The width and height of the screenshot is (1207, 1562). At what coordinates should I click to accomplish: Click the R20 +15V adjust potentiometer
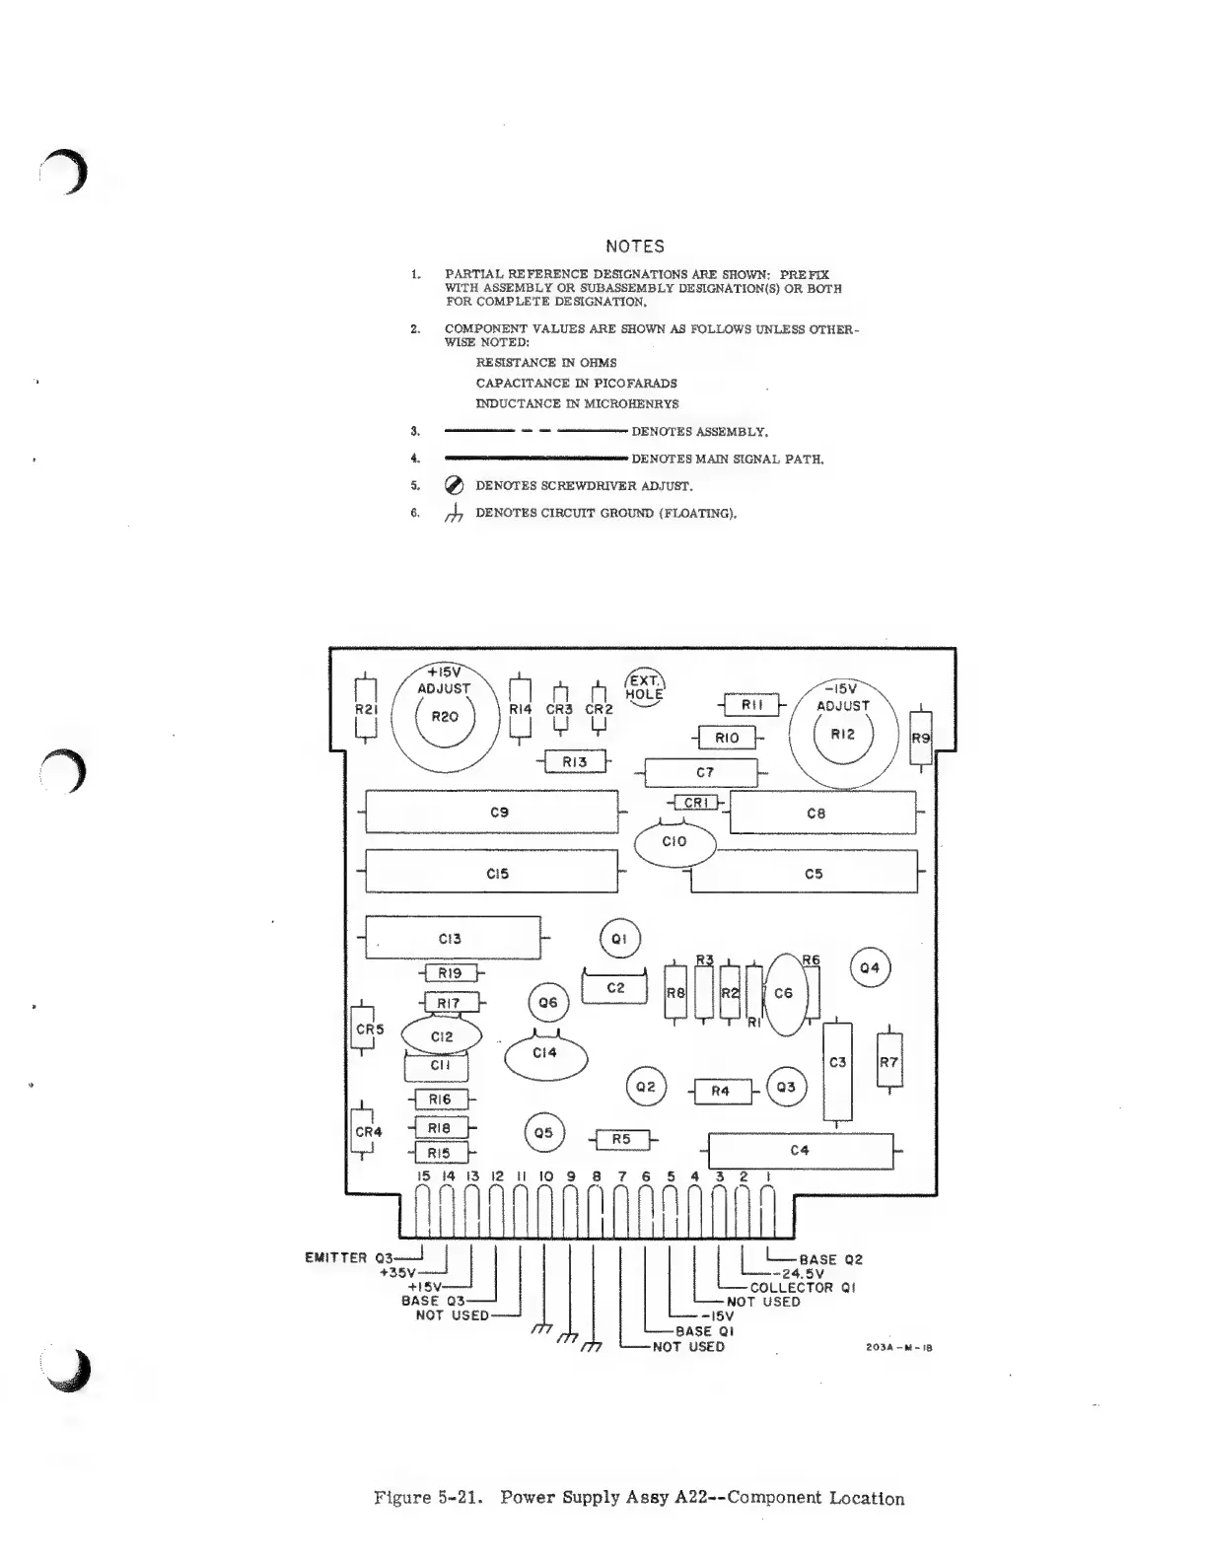click(x=445, y=718)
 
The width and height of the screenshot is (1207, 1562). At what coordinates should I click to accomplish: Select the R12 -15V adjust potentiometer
click(x=843, y=735)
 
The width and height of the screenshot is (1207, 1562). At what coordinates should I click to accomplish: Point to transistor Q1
click(x=620, y=940)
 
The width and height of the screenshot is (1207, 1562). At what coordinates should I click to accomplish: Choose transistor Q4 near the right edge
click(x=870, y=968)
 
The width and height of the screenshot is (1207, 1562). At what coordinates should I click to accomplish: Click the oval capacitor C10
click(x=674, y=842)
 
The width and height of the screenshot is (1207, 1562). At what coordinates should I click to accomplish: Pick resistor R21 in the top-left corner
click(x=365, y=708)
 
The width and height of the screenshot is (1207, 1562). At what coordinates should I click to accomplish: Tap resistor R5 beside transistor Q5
click(x=621, y=1140)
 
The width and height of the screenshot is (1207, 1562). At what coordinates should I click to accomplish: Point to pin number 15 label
click(x=424, y=1176)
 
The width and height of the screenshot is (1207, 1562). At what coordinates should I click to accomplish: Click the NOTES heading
click(x=634, y=247)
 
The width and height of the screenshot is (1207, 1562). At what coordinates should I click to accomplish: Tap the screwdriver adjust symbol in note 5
click(x=455, y=485)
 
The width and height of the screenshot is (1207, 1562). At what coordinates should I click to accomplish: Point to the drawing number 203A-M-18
click(x=898, y=1348)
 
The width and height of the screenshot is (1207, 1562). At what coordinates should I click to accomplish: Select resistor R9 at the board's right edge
click(x=920, y=738)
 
